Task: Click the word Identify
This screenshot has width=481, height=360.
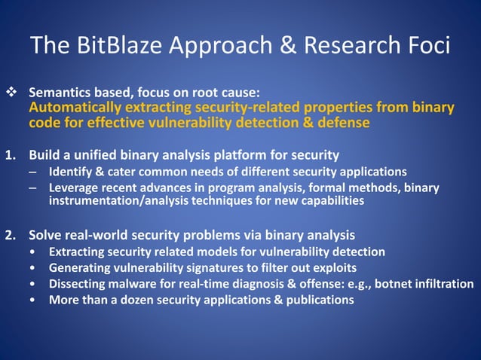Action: [x=72, y=172]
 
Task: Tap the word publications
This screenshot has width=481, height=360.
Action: [x=319, y=300]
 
